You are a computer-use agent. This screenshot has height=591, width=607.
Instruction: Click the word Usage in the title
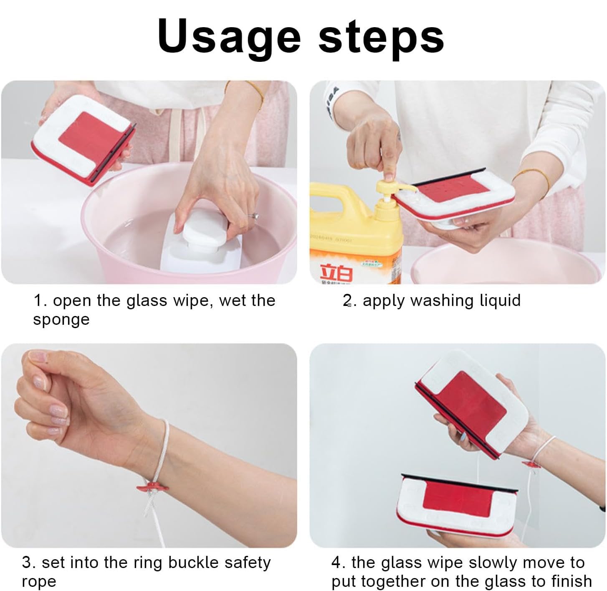click(x=229, y=38)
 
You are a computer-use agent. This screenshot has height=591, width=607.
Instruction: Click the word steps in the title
click(x=381, y=39)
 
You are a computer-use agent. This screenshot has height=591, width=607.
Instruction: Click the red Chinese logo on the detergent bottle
click(x=336, y=273)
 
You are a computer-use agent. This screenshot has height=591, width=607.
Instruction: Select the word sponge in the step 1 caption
click(x=61, y=320)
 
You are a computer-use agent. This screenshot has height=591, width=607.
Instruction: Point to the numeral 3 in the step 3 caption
click(x=27, y=563)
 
